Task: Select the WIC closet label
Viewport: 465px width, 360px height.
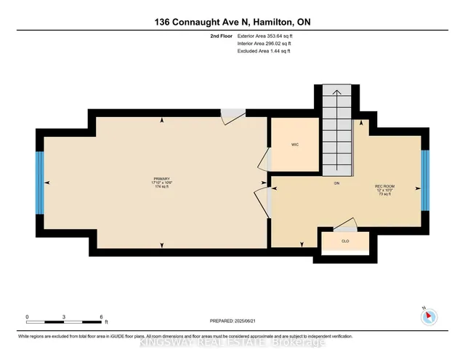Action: coord(294,144)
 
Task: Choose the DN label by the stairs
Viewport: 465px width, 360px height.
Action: coord(336,183)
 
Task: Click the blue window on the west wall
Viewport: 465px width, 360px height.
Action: coord(40,182)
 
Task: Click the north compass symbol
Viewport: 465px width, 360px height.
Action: coord(428,316)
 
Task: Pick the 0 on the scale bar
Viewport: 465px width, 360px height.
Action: coord(28,317)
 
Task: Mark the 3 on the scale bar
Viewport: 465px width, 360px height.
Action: coord(65,317)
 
